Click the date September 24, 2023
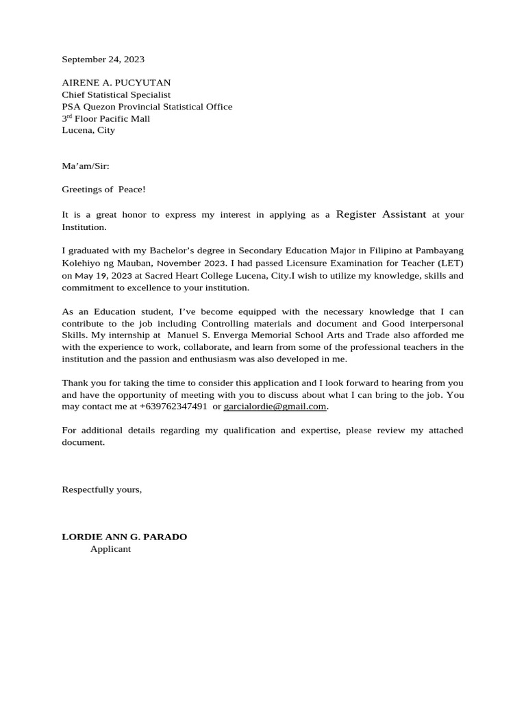pos(103,60)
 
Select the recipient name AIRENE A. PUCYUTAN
pos(116,83)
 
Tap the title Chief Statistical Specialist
pos(116,94)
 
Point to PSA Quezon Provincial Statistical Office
pos(147,107)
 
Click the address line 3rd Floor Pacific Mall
pos(105,118)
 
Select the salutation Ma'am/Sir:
pos(85,166)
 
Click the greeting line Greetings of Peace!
pos(103,189)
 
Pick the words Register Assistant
pos(381,214)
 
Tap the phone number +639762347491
pos(173,407)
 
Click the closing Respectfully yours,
pos(101,489)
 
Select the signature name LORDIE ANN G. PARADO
pos(124,537)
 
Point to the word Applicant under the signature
pos(110,549)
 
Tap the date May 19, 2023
pos(103,276)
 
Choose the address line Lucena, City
pos(88,130)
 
